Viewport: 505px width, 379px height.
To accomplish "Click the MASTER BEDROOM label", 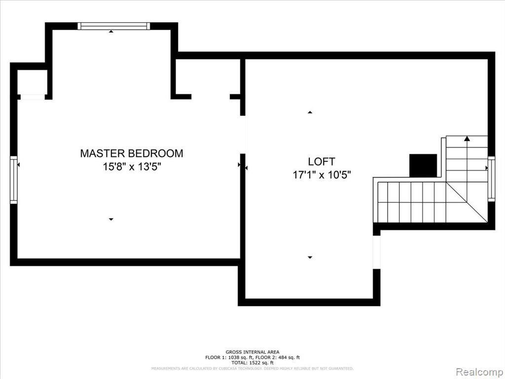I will click(x=131, y=153).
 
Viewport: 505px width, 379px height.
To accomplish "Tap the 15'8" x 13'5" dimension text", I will click(x=132, y=167).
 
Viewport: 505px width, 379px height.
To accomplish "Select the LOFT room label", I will click(x=321, y=161).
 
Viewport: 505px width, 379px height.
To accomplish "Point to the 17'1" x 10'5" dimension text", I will click(x=321, y=175).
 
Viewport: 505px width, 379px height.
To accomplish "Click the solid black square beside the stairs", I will click(x=423, y=165).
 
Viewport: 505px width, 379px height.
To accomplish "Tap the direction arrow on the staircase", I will click(x=467, y=139).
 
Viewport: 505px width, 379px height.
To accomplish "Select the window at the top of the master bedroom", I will click(x=114, y=26).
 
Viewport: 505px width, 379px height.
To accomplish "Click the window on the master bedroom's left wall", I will click(x=14, y=180).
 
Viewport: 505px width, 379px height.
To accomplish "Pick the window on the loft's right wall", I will click(x=491, y=178).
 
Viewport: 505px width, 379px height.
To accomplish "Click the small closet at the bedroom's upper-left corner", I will click(x=33, y=82).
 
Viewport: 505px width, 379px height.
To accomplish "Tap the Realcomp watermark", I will click(x=478, y=371).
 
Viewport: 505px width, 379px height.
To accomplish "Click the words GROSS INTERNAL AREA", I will click(x=252, y=352).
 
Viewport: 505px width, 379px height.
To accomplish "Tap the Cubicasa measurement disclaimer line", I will click(x=252, y=368).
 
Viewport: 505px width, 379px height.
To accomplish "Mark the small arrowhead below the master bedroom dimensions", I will click(x=111, y=219).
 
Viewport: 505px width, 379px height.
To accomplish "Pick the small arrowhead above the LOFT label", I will click(x=310, y=113).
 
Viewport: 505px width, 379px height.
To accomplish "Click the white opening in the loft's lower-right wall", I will click(x=377, y=252).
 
